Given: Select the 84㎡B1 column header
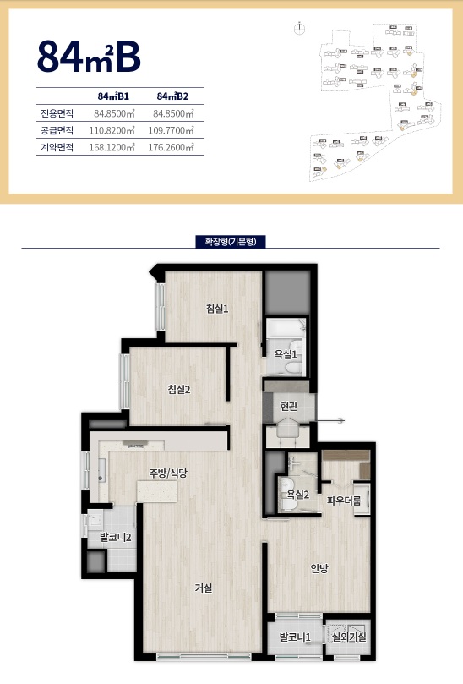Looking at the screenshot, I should pos(112,96).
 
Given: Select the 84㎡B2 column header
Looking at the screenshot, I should pos(172,96).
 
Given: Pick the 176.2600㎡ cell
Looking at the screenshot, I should pos(174,147).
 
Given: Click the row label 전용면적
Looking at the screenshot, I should pos(57,113).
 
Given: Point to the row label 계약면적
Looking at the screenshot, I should pos(57,147).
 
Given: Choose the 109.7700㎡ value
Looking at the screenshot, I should pos(174,130).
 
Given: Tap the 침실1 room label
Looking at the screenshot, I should pos(217,309).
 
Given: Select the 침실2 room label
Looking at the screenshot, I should pos(178,389).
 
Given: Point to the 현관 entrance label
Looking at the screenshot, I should pos(289,406).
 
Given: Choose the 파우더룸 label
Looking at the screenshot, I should pos(344,501).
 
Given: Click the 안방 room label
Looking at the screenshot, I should pos(319,568).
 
